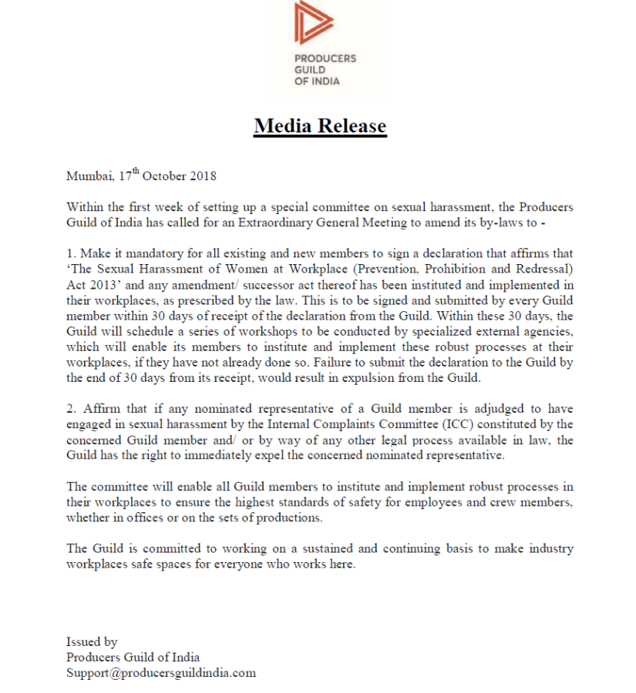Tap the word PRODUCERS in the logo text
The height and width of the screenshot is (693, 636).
click(325, 59)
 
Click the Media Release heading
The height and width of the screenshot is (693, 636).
click(320, 126)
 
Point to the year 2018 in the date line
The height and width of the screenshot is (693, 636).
click(202, 176)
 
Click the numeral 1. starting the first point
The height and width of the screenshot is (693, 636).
click(71, 253)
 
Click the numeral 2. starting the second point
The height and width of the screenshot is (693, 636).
click(71, 409)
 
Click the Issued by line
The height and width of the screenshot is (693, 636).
click(92, 641)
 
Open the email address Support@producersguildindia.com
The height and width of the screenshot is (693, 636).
click(160, 672)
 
